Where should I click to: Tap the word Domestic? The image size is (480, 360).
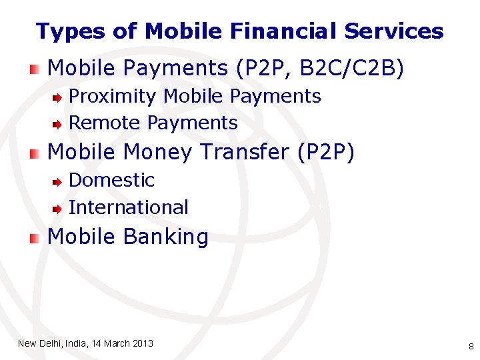point(111,180)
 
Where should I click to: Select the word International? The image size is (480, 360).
point(129,207)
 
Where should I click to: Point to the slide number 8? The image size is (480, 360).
point(471,346)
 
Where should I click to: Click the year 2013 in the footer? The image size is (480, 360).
point(143,343)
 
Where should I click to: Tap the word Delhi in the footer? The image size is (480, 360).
point(51,343)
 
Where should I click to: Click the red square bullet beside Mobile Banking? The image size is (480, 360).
point(34,238)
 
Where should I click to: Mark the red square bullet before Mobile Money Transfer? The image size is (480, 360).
point(34,153)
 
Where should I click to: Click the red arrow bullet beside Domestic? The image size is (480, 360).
point(59,181)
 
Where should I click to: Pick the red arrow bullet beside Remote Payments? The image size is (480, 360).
point(59,124)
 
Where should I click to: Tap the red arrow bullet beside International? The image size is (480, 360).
point(59,209)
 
